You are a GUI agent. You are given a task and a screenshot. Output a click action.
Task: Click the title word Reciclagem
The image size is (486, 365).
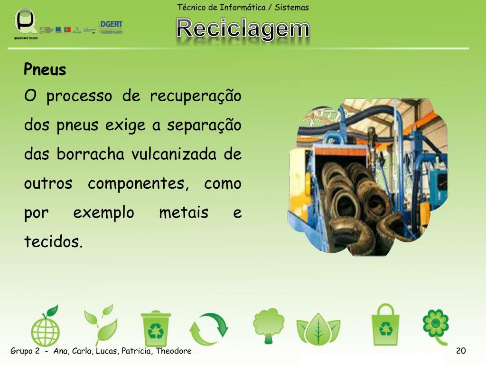click(243, 29)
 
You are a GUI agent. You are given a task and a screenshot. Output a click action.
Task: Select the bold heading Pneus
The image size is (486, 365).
click(45, 70)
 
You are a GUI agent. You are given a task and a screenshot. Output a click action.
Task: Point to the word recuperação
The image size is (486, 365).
click(196, 96)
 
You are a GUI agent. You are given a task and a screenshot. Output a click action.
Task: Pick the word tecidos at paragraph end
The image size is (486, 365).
click(53, 242)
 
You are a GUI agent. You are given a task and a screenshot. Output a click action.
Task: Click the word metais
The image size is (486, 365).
click(184, 212)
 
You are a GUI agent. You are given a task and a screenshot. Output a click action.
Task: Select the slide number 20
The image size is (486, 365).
click(460, 351)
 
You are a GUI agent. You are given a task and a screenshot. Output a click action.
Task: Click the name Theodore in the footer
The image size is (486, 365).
click(174, 351)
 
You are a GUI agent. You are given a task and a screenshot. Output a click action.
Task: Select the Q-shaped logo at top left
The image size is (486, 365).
click(25, 21)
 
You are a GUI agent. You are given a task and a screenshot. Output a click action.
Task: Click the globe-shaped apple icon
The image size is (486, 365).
click(46, 327)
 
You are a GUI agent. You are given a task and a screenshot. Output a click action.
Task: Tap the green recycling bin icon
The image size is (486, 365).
click(155, 328)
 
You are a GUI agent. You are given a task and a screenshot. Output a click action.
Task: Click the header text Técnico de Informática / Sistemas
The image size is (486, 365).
click(243, 7)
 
